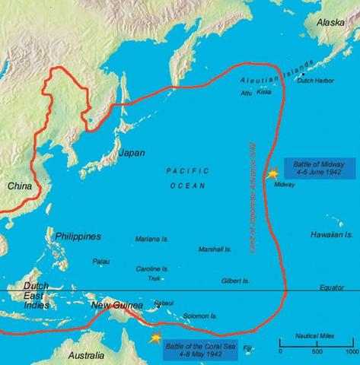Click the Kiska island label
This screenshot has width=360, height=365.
pyautogui.click(x=263, y=92)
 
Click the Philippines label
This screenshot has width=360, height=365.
pyautogui.click(x=79, y=237)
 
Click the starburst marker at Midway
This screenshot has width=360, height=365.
pyautogui.click(x=272, y=174)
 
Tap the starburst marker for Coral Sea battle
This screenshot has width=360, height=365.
pyautogui.click(x=156, y=337)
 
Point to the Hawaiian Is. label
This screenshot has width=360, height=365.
pyautogui.click(x=332, y=236)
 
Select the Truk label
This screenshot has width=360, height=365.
pyautogui.click(x=154, y=278)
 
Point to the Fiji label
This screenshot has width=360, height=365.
pyautogui.click(x=269, y=348)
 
